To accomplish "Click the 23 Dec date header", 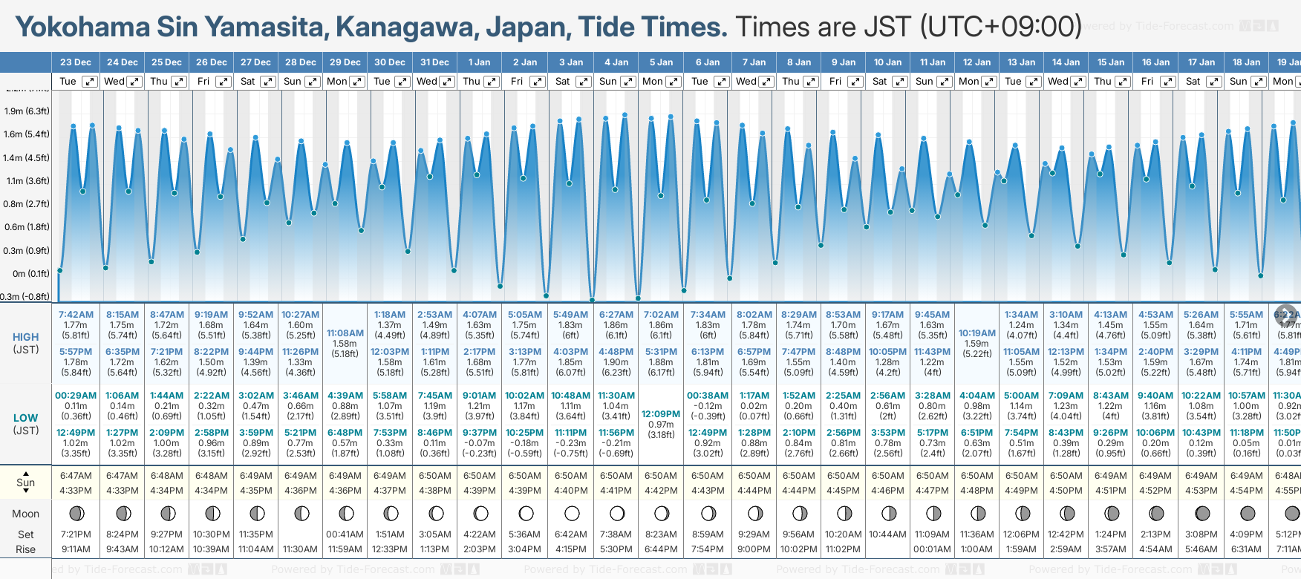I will click(76, 62).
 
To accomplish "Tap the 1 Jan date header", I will click(479, 62).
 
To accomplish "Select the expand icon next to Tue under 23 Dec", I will click(89, 82).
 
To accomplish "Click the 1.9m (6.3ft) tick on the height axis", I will click(27, 111).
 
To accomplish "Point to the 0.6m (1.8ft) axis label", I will click(27, 227).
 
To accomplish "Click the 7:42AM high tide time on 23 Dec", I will click(76, 315).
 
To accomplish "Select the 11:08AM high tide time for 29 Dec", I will click(345, 333).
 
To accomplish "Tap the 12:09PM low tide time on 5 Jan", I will click(661, 414).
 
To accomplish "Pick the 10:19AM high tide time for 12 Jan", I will click(976, 333).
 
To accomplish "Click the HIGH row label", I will click(26, 337).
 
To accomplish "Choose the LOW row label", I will click(26, 418).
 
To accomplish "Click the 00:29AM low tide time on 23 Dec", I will click(76, 396).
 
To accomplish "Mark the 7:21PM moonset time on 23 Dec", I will click(76, 534).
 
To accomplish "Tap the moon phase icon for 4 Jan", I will click(616, 514).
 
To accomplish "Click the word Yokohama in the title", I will click(82, 27).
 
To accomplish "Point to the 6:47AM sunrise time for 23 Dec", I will click(76, 476).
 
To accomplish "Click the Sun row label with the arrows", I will click(26, 482).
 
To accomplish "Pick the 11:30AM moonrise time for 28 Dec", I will click(300, 549).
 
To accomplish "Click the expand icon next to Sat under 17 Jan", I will click(1213, 82).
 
